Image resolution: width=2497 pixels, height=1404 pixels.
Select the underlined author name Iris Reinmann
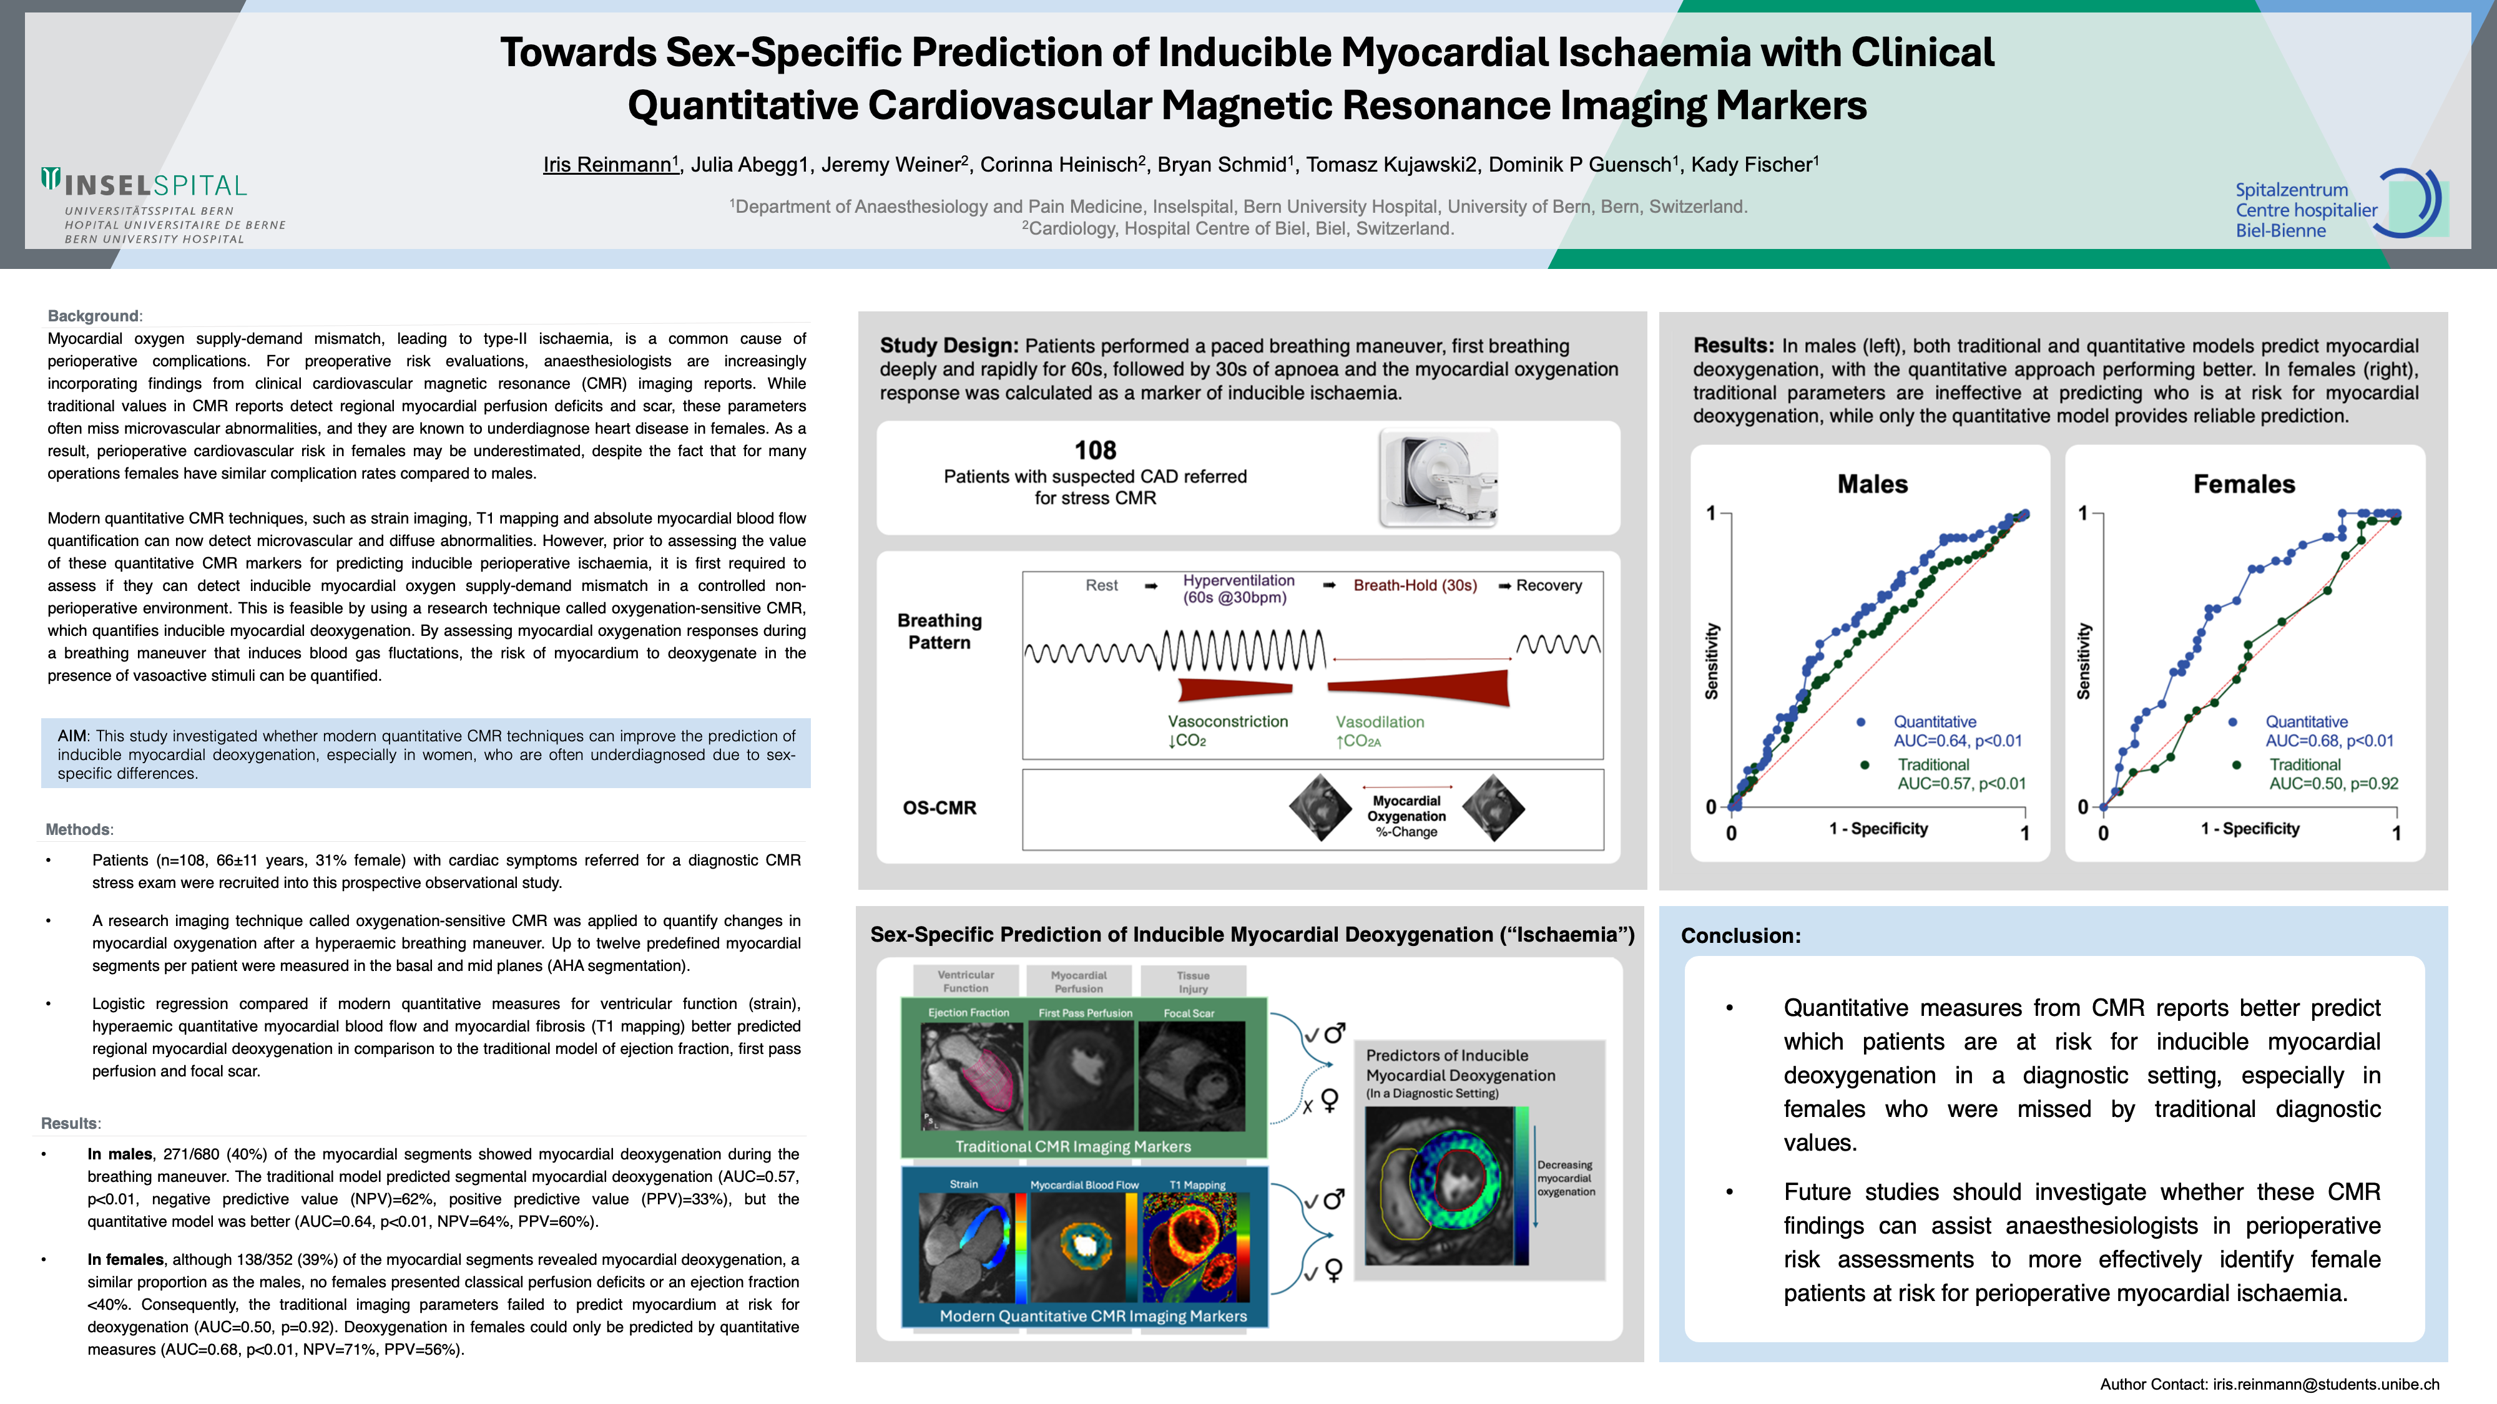[x=608, y=165]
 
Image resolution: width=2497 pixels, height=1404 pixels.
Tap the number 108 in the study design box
[x=1096, y=451]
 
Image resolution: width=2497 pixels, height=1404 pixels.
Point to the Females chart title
[x=2244, y=484]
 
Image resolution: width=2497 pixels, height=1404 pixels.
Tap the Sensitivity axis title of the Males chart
[x=1712, y=661]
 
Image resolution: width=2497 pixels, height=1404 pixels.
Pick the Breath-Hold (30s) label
[x=1415, y=585]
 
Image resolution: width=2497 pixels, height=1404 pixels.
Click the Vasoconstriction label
[x=1228, y=722]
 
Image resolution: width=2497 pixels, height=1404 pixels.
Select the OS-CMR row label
[x=939, y=808]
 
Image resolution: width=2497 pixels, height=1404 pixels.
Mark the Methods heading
[x=79, y=829]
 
